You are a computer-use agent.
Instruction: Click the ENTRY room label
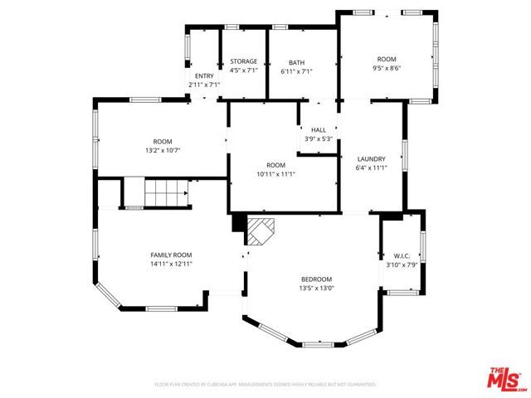(x=203, y=75)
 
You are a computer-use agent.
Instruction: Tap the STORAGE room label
(x=243, y=61)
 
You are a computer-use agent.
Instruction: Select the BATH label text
(x=296, y=62)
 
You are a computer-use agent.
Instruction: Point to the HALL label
(x=319, y=130)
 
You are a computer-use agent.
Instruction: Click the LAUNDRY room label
(x=371, y=158)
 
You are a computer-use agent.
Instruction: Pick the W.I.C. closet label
(x=402, y=255)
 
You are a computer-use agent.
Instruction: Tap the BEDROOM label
(x=316, y=279)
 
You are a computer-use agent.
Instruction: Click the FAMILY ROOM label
(x=171, y=255)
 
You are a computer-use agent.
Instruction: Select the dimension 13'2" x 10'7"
(x=162, y=151)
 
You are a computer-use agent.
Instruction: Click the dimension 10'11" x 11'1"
(x=275, y=174)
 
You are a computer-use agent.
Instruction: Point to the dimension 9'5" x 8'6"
(x=387, y=70)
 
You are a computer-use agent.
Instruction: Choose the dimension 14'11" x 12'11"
(x=171, y=264)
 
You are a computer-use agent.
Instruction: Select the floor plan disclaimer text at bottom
(x=265, y=385)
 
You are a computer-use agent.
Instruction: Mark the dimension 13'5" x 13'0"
(x=316, y=289)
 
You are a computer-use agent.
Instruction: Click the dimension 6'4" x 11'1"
(x=371, y=167)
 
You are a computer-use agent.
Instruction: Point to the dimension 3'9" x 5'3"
(x=319, y=139)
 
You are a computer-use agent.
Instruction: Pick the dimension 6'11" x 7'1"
(x=296, y=71)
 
